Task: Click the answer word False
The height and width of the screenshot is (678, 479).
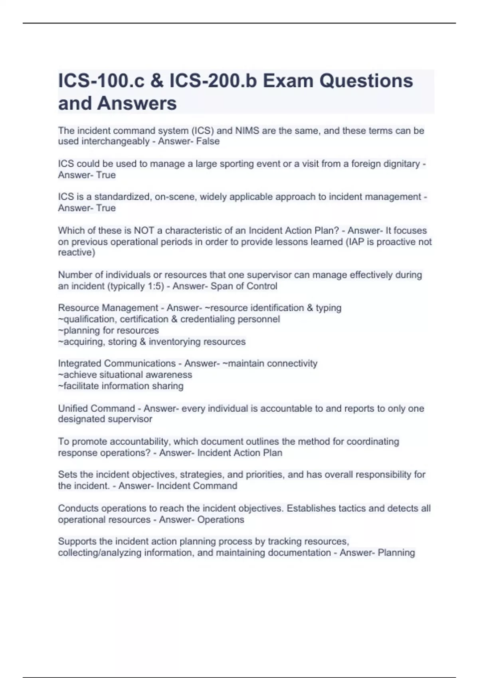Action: pos(208,142)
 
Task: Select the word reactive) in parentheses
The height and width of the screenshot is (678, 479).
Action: pos(77,252)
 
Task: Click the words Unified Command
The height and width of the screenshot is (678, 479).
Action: pos(97,408)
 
